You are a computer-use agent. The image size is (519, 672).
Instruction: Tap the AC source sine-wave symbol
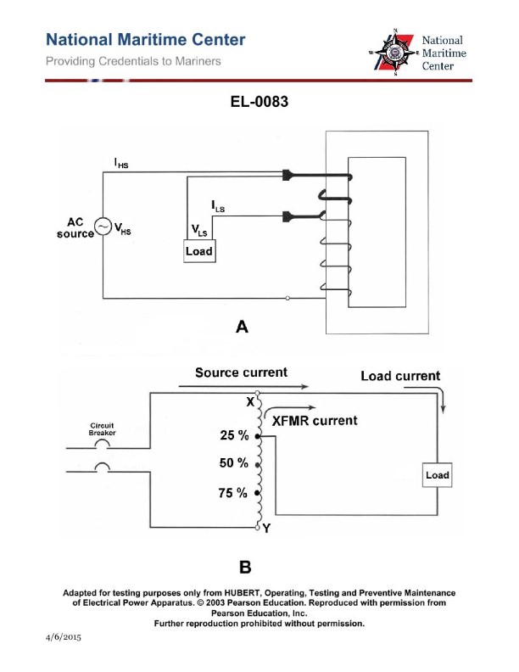pyautogui.click(x=103, y=227)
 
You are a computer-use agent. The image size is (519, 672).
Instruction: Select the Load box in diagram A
pyautogui.click(x=199, y=252)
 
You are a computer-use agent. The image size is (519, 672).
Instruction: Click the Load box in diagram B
pyautogui.click(x=437, y=475)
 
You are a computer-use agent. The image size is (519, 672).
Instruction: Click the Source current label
pyautogui.click(x=241, y=372)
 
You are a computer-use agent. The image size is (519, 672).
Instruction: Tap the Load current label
pyautogui.click(x=400, y=376)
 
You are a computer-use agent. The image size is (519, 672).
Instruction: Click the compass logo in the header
pyautogui.click(x=393, y=53)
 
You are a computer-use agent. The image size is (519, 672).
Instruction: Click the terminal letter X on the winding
pyautogui.click(x=250, y=401)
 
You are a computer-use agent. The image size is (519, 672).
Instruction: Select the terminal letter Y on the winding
pyautogui.click(x=266, y=529)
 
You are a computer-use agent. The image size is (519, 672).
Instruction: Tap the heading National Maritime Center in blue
pyautogui.click(x=146, y=40)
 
